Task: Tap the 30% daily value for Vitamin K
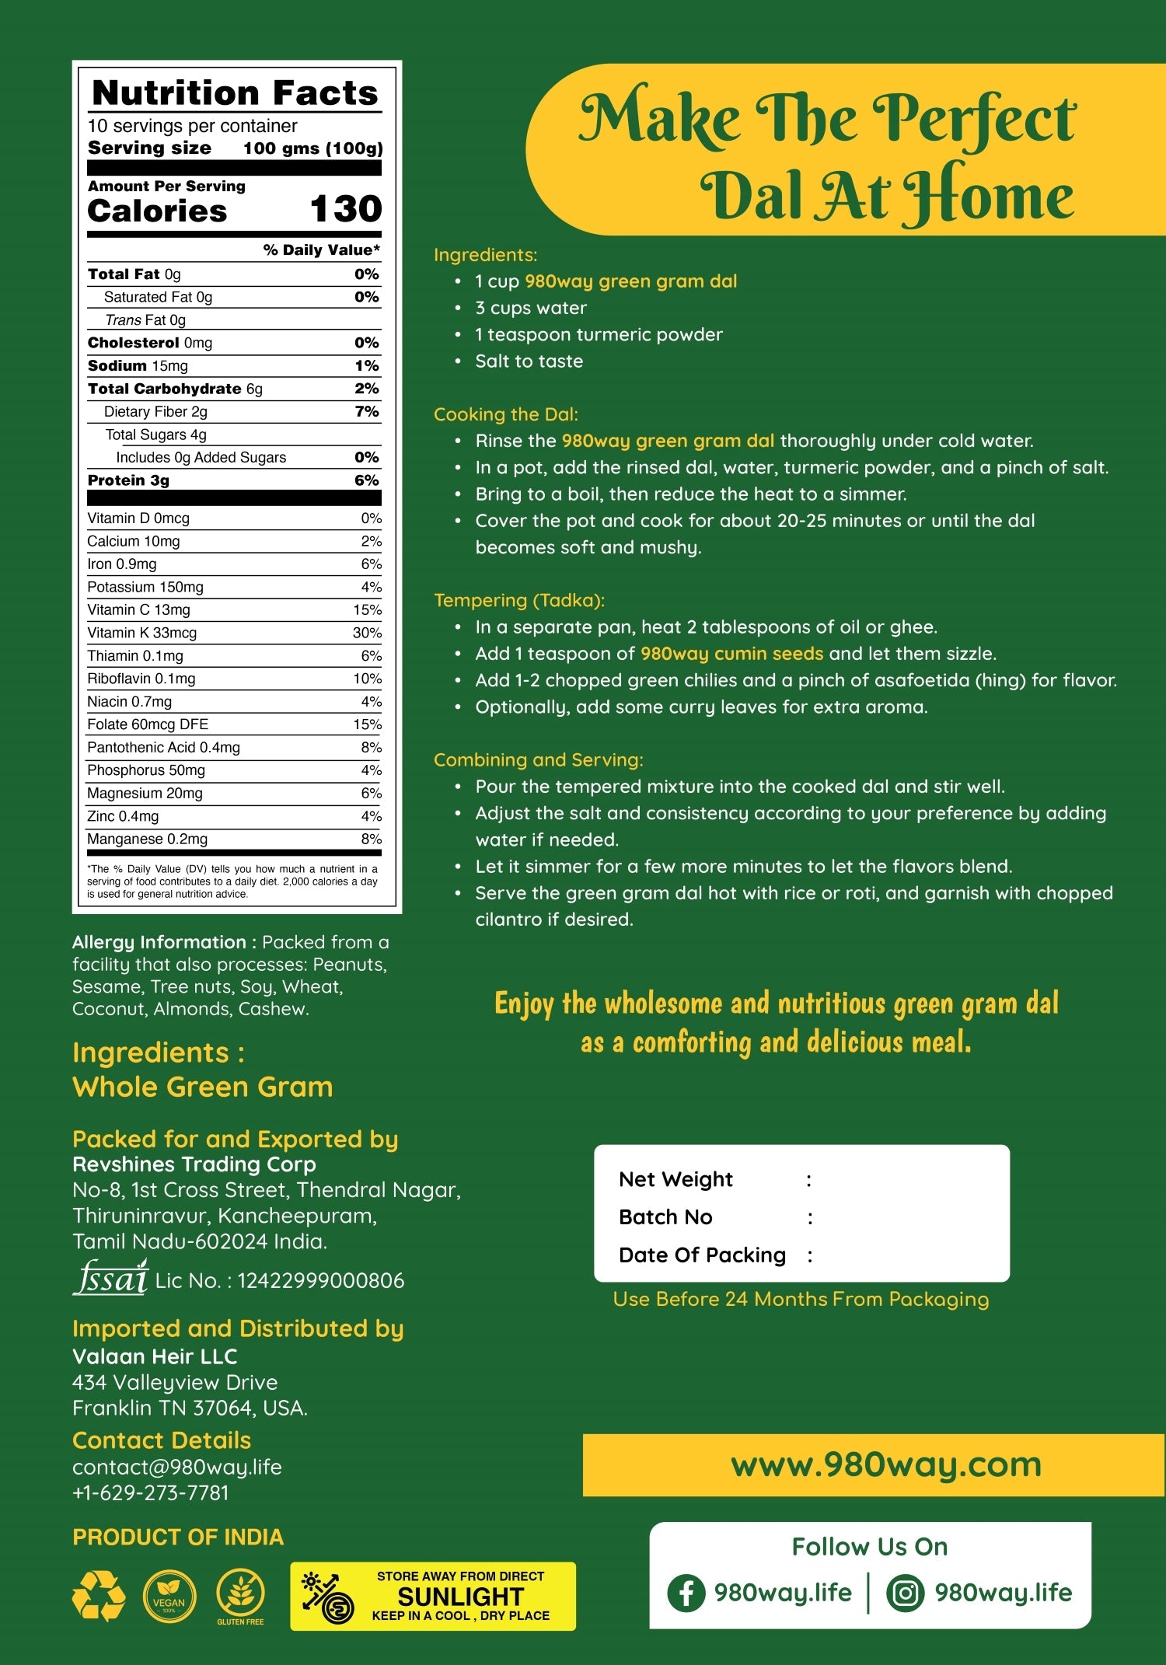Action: [x=367, y=633]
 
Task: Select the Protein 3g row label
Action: [x=128, y=480]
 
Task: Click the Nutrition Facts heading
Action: [x=235, y=93]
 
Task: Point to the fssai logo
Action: [x=110, y=1278]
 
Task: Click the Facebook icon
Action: [x=686, y=1593]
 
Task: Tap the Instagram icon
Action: [x=905, y=1593]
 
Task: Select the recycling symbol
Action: [x=99, y=1596]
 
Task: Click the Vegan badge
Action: [x=169, y=1596]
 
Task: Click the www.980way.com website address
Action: [x=886, y=1465]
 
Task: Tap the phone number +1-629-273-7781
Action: [x=151, y=1492]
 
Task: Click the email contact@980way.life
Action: [x=177, y=1467]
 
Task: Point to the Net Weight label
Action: [x=676, y=1179]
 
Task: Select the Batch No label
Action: [x=665, y=1216]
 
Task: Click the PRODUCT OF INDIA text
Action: [x=178, y=1537]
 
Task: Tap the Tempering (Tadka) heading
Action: [x=519, y=600]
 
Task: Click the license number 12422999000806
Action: [x=321, y=1281]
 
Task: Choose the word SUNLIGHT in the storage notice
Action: [x=461, y=1597]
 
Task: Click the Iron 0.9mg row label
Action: [x=122, y=564]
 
